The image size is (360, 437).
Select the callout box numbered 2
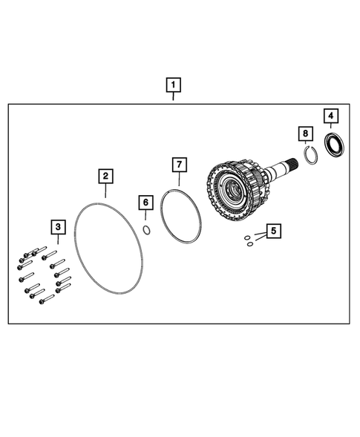[x=106, y=176]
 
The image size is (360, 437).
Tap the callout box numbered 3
[x=57, y=226]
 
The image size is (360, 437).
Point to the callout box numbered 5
[x=274, y=231]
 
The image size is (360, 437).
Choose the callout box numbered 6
[x=146, y=203]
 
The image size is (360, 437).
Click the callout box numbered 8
[x=304, y=134]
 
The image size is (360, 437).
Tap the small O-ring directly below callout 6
[x=147, y=229]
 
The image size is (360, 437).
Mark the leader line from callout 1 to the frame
[x=172, y=97]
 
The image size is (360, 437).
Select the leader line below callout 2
[x=106, y=190]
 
